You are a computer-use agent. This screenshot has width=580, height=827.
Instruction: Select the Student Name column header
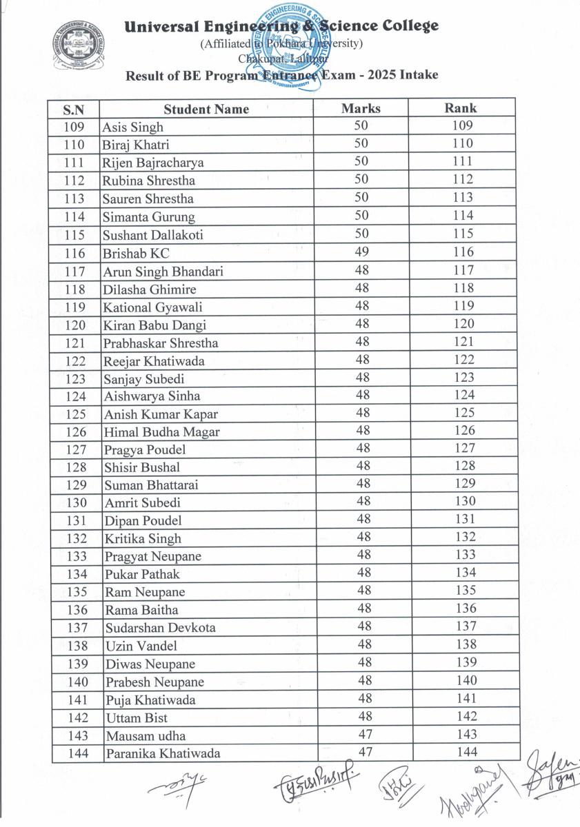click(206, 109)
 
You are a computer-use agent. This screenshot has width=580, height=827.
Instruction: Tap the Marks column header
click(361, 108)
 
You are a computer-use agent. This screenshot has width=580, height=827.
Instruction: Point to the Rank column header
click(461, 108)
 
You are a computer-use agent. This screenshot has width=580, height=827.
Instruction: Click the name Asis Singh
click(133, 127)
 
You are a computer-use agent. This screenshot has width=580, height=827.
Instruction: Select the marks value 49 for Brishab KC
click(361, 252)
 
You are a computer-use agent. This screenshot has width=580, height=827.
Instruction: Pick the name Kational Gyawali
click(152, 307)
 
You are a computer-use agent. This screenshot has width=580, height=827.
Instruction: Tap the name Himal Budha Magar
click(162, 432)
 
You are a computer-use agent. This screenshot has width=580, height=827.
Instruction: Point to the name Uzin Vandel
click(141, 646)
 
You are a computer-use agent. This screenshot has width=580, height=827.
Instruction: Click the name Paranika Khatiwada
click(162, 753)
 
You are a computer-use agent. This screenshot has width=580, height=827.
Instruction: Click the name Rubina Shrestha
click(148, 181)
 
